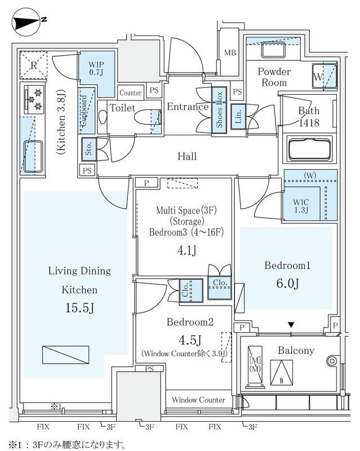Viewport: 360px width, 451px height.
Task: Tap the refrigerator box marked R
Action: click(x=35, y=65)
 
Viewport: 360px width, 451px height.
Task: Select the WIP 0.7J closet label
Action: click(x=96, y=69)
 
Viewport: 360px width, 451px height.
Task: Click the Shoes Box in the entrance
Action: click(x=219, y=109)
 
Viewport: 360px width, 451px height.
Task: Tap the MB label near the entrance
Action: click(x=229, y=53)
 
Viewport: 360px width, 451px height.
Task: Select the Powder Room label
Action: click(x=274, y=77)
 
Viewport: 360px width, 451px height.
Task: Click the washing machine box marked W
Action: click(x=319, y=76)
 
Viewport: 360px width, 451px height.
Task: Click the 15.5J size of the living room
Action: click(x=79, y=309)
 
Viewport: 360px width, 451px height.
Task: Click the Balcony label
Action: click(x=296, y=350)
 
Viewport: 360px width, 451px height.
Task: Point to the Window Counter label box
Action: click(x=198, y=400)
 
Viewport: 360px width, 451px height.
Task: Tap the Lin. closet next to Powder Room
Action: click(x=238, y=117)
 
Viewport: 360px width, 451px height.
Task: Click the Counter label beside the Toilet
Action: click(x=131, y=92)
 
